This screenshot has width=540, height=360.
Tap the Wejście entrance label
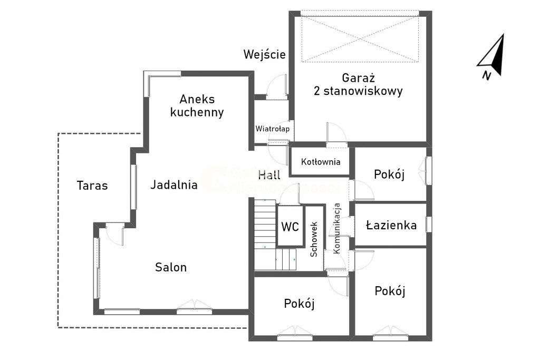pyautogui.click(x=265, y=54)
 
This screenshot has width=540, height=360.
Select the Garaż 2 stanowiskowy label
pyautogui.click(x=358, y=84)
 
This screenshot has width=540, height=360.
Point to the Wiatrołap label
pyautogui.click(x=272, y=129)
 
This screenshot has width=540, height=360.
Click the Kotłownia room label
pyautogui.click(x=321, y=162)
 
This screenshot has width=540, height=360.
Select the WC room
pyautogui.click(x=290, y=227)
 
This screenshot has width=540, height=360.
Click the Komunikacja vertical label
pyautogui.click(x=338, y=227)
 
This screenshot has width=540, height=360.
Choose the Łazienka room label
pyautogui.click(x=391, y=226)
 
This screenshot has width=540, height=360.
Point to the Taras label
pyautogui.click(x=92, y=186)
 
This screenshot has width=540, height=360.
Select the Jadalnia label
pyautogui.click(x=174, y=185)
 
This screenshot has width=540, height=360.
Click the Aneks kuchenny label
pyautogui.click(x=201, y=105)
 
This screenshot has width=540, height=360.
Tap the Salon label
pyautogui.click(x=171, y=267)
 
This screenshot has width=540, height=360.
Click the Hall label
pyautogui.click(x=269, y=175)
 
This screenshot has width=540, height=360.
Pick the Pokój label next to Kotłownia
pyautogui.click(x=389, y=174)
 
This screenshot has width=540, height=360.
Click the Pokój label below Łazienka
pyautogui.click(x=390, y=291)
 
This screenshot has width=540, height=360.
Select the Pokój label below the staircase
pyautogui.click(x=299, y=304)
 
